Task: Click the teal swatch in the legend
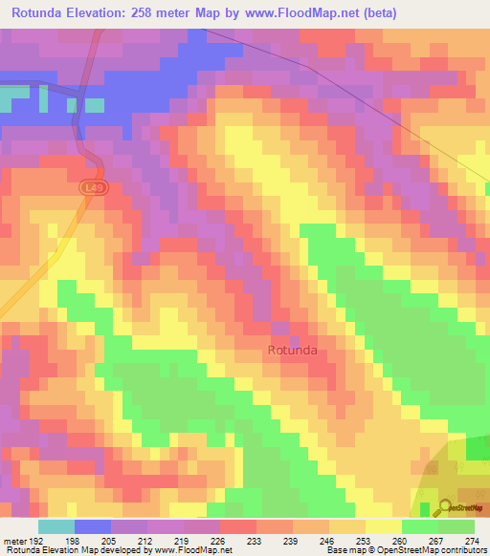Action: pos(56,526)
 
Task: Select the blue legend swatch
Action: pos(93,526)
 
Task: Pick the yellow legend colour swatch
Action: pos(384,526)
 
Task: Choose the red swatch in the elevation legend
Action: pos(238,526)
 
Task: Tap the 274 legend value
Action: pos(471,540)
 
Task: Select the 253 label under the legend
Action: pos(362,540)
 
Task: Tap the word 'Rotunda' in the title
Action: pos(41,13)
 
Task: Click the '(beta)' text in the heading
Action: pos(374,13)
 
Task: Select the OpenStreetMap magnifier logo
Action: pos(444,505)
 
